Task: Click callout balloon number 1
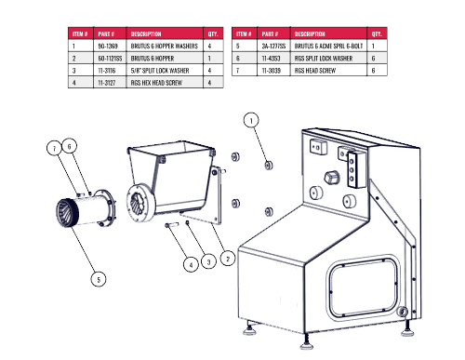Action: pyautogui.click(x=251, y=120)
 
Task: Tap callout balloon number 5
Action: pyautogui.click(x=99, y=279)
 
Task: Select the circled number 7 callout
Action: pyautogui.click(x=55, y=149)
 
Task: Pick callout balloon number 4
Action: pyautogui.click(x=191, y=265)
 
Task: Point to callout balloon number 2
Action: pyautogui.click(x=228, y=259)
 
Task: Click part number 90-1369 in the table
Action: pyautogui.click(x=108, y=47)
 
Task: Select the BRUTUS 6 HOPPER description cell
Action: pyautogui.click(x=153, y=59)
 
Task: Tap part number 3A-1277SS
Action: pyautogui.click(x=273, y=47)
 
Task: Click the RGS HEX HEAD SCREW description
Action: pyautogui.click(x=156, y=83)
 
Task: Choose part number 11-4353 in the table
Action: pyautogui.click(x=271, y=59)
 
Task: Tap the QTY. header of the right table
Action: pyautogui.click(x=377, y=33)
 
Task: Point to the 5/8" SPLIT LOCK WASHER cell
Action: pyautogui.click(x=160, y=71)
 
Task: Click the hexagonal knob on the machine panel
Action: pyautogui.click(x=331, y=178)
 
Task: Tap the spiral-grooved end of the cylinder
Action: pyautogui.click(x=67, y=213)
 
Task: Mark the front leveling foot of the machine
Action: pyautogui.click(x=307, y=343)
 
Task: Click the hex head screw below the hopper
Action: pyautogui.click(x=171, y=225)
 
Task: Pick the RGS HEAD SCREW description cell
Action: pyautogui.click(x=315, y=71)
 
